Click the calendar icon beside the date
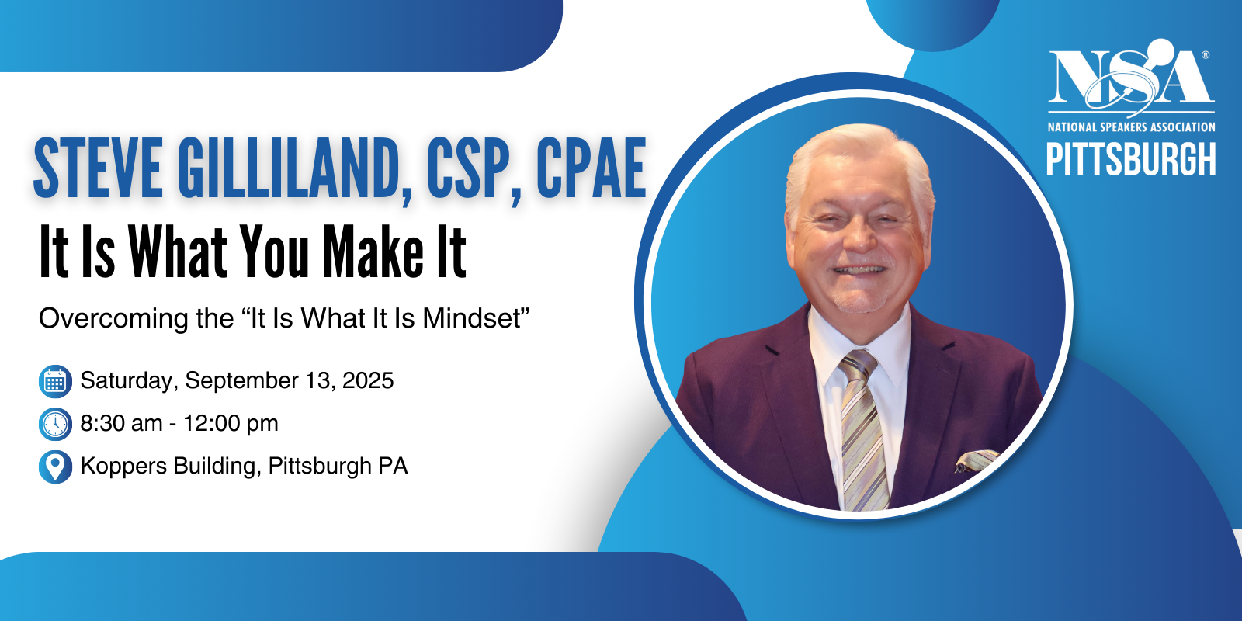pos(55,381)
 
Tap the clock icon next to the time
pos(55,424)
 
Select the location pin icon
pos(55,467)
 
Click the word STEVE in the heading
pos(98,168)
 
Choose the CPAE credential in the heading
pos(591,168)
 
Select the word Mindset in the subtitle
pos(472,318)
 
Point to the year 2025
pos(368,380)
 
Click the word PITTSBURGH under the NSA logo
pos(1131,159)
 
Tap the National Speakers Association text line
pos(1131,127)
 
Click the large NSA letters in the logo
pos(1131,77)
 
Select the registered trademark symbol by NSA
pos(1206,55)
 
